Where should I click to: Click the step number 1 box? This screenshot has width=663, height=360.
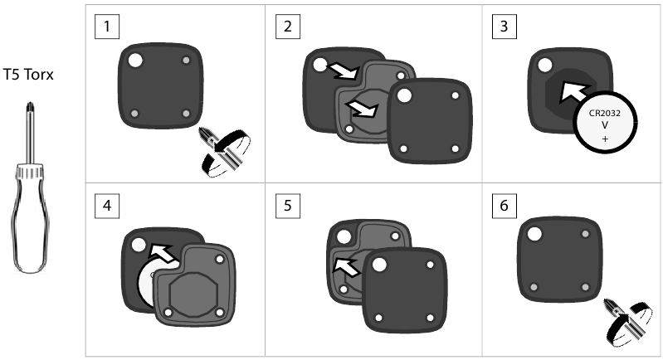pos(107,27)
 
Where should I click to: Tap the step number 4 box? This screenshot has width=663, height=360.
pos(107,207)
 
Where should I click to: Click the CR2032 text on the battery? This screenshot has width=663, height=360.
pos(605,112)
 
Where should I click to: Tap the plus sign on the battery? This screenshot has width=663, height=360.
pos(605,140)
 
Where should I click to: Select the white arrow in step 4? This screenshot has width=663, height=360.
pos(166,251)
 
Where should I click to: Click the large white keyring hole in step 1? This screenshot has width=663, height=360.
pos(134,60)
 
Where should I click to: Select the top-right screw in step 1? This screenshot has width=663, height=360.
pos(186,61)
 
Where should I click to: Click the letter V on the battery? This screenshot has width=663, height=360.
pos(605,126)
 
